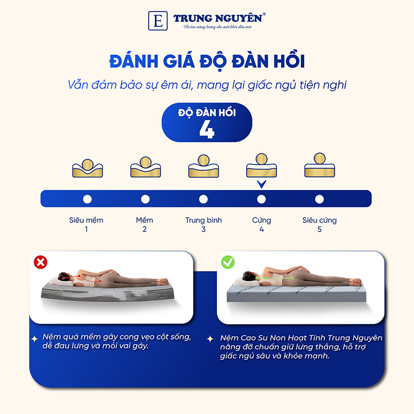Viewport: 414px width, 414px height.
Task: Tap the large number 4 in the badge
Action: (206, 130)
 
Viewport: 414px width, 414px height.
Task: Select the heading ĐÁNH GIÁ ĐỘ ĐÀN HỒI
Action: (206, 62)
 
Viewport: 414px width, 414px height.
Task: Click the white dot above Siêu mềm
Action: (87, 199)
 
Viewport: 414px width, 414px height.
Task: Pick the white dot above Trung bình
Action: (203, 199)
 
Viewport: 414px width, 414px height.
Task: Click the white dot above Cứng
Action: (261, 199)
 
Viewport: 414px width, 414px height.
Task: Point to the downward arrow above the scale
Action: (261, 184)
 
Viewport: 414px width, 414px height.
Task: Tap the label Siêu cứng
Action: (319, 220)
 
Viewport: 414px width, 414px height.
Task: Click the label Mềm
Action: (144, 220)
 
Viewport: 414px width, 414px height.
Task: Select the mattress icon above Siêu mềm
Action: (87, 166)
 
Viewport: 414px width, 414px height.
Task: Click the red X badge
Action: (40, 262)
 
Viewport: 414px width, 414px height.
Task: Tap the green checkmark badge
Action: (227, 262)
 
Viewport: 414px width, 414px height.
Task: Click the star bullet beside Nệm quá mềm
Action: (35, 338)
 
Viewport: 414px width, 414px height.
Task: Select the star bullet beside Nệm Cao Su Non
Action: (210, 338)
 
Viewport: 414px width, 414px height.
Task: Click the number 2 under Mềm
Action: (144, 229)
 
